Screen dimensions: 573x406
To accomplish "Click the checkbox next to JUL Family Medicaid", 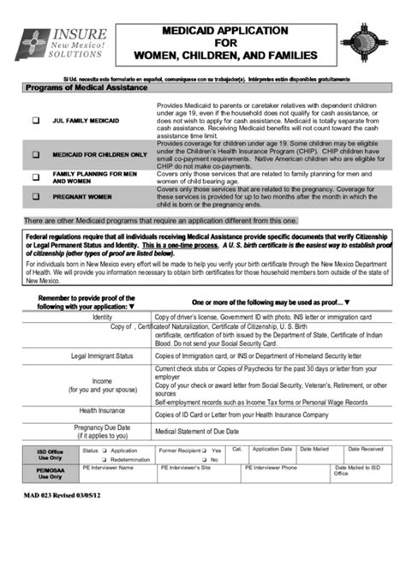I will [x=36, y=122].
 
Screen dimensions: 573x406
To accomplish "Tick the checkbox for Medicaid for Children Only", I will [x=36, y=155].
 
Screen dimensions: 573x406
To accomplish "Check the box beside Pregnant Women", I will [x=36, y=196].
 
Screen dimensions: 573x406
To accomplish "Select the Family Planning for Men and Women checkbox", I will [x=36, y=176].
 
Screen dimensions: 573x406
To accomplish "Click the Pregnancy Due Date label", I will [x=101, y=431].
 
